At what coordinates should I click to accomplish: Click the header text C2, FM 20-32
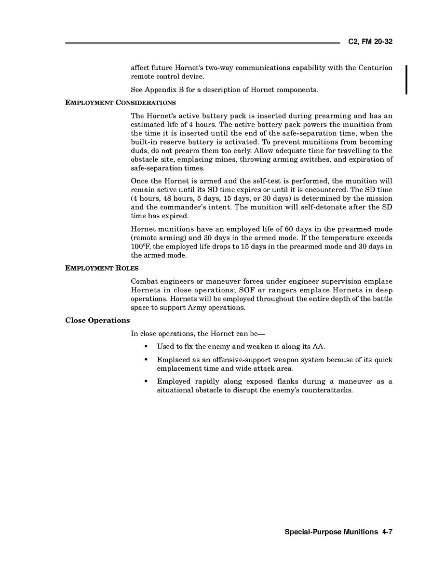370,42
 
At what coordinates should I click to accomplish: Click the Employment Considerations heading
121,103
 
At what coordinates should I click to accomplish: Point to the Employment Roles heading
102,268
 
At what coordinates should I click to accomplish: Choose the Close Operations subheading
97,320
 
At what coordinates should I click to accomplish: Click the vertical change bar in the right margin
407,79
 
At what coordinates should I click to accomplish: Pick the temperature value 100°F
141,247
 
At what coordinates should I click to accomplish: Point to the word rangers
285,290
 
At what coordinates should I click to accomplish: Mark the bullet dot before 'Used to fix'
146,347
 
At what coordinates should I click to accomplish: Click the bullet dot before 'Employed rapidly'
146,381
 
